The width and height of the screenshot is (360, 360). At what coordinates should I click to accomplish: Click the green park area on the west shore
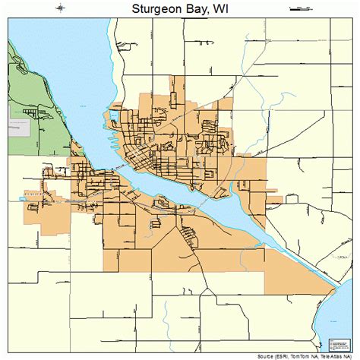(23, 84)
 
